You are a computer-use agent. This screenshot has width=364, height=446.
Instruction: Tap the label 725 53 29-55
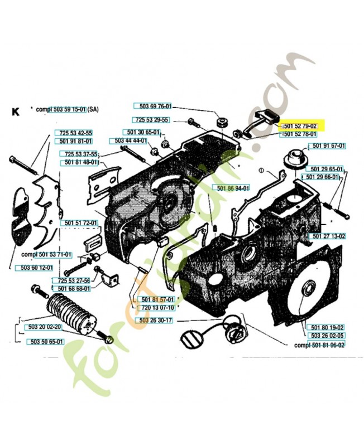click(x=151, y=120)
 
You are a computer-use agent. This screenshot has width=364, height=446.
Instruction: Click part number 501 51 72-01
click(x=78, y=223)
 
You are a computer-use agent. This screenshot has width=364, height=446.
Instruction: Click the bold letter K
click(x=15, y=111)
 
